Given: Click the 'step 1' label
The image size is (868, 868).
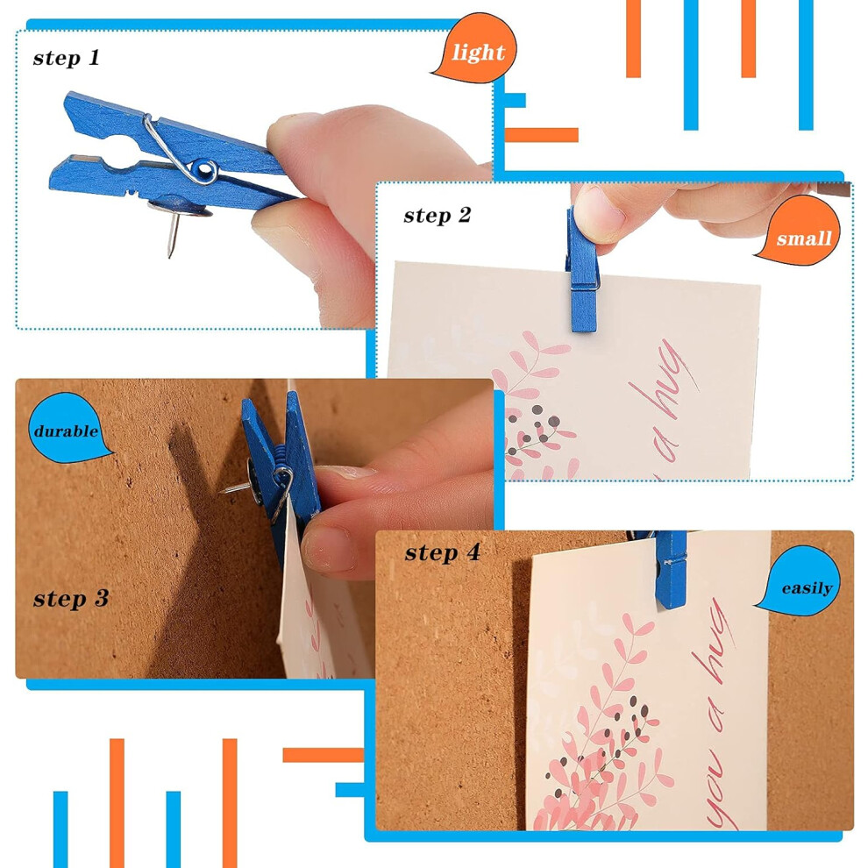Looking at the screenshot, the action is [66, 58].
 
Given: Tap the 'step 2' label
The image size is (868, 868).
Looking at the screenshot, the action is [438, 215].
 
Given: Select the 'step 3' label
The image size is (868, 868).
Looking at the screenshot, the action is [71, 598].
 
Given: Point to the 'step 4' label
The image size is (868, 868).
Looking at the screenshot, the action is [442, 552].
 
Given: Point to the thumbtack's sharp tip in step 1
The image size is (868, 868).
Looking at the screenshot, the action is [170, 256].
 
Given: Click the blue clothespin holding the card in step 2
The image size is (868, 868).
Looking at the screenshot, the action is [582, 269].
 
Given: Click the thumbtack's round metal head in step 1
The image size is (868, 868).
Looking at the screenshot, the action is [180, 207].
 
